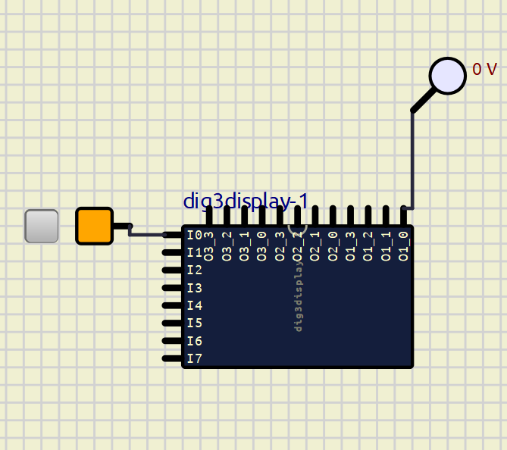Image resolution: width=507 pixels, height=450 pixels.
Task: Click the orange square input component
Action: [x=94, y=226]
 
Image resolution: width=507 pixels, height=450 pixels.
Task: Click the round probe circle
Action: [x=447, y=76]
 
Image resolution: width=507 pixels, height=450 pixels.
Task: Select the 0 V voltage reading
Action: [x=484, y=70]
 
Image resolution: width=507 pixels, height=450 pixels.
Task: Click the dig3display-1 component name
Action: [x=246, y=202]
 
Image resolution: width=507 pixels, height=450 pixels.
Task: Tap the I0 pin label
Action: [x=195, y=236]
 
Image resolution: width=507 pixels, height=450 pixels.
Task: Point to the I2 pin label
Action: [x=195, y=270]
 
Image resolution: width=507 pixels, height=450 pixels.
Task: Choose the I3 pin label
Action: [x=195, y=288]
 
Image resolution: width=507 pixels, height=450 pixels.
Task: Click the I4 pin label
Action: [x=195, y=305]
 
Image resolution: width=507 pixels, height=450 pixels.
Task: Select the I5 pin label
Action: [x=195, y=323]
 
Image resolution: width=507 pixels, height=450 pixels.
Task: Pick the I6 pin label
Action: [x=195, y=341]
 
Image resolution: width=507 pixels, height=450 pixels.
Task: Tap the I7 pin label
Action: [x=195, y=358]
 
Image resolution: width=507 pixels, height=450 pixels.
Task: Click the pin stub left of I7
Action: [x=173, y=358]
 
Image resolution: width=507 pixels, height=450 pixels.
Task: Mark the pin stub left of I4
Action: [x=173, y=305]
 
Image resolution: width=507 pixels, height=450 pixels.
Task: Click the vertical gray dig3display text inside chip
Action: [x=299, y=295]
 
